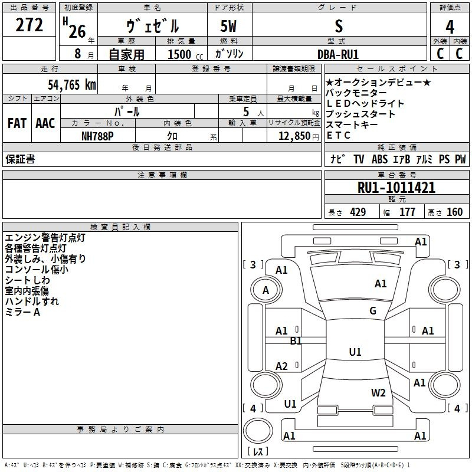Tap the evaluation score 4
point(450,27)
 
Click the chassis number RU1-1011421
point(396,188)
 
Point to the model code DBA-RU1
point(338,54)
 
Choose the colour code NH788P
point(98,135)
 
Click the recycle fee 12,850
point(290,136)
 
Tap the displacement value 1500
point(179,54)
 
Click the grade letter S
point(338,26)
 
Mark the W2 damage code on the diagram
point(378,392)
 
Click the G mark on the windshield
point(373,311)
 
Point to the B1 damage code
point(296,341)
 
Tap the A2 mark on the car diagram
point(282,366)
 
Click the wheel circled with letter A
point(265,290)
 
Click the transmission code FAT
point(17,123)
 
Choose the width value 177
point(407,212)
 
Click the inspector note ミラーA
point(22,312)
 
